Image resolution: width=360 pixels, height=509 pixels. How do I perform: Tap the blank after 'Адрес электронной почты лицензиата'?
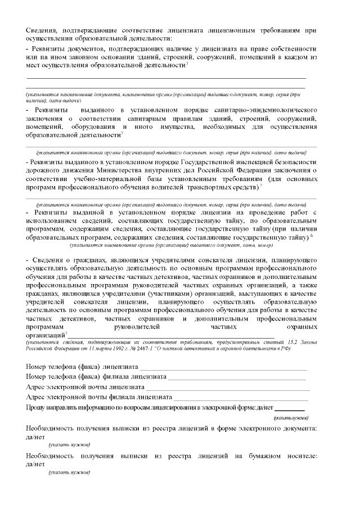click(228, 387)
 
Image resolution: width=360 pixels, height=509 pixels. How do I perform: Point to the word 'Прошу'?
click(35, 407)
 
